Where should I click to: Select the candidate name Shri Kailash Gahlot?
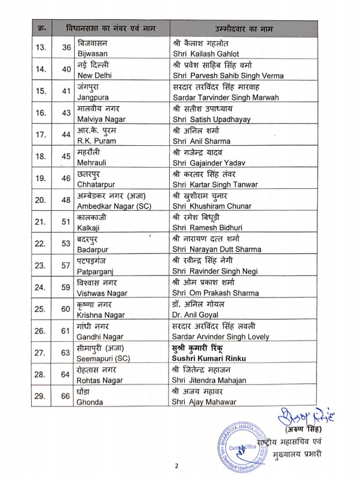(x=206, y=54)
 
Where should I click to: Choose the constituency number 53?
(x=64, y=243)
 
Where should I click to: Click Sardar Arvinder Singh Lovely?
(x=222, y=336)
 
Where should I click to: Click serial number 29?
(x=41, y=396)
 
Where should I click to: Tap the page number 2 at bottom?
(x=177, y=466)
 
